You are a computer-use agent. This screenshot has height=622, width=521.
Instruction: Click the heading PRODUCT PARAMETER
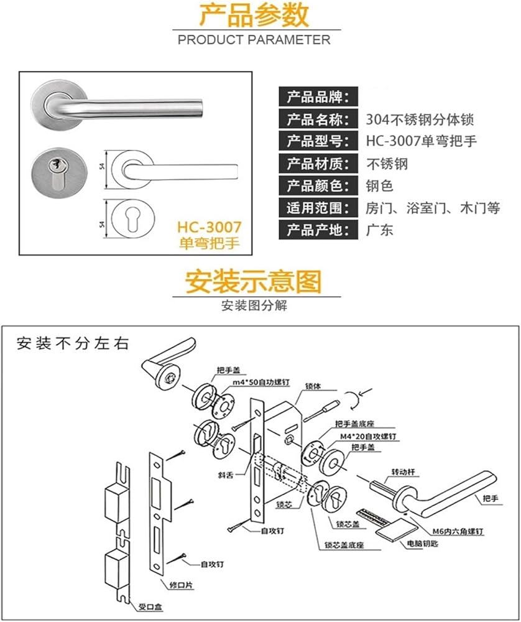[254, 40]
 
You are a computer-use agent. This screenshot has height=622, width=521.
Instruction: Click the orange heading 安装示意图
[254, 281]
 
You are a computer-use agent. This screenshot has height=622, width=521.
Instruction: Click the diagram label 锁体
[313, 386]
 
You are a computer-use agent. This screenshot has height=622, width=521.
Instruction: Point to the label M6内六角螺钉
[458, 532]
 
